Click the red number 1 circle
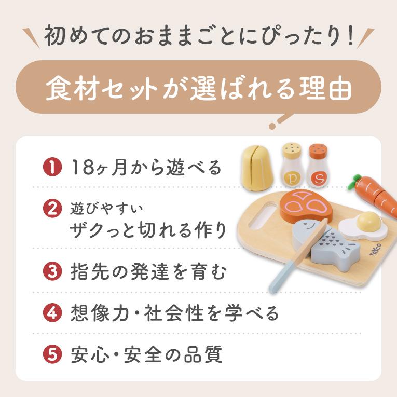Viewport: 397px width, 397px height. [x=52, y=167]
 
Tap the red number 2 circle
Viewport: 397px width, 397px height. [x=52, y=209]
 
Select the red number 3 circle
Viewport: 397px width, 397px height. [x=52, y=271]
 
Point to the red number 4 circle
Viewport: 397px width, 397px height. [x=52, y=313]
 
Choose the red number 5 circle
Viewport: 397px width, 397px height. [x=52, y=354]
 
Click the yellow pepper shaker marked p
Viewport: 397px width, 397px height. [x=292, y=165]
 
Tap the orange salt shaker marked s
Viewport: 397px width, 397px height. [x=318, y=165]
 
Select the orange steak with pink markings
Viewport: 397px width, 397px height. [x=307, y=206]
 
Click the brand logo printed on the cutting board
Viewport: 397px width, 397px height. [x=375, y=250]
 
